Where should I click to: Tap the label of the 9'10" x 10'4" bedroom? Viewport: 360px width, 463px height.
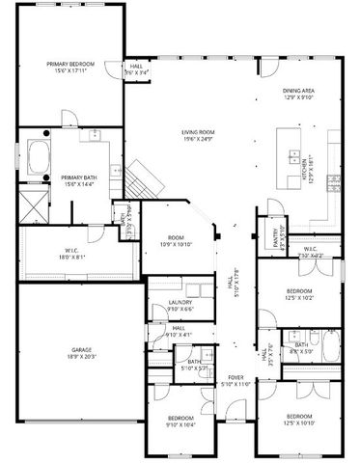tap(180, 419)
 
